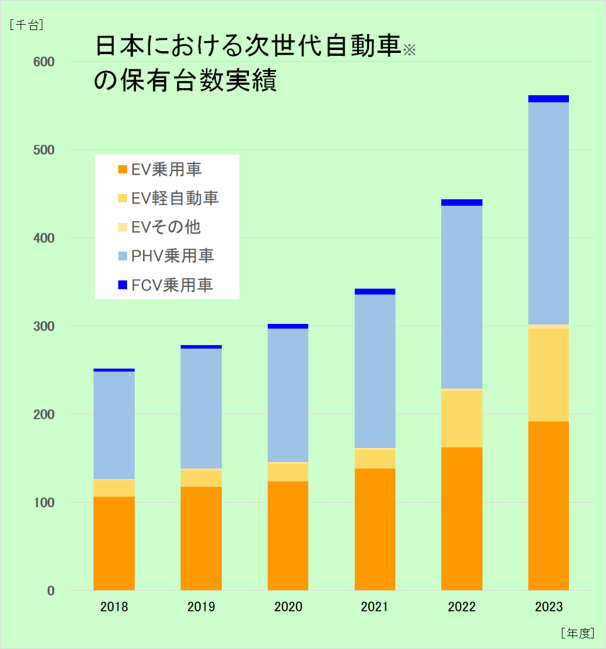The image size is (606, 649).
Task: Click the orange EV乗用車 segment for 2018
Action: coord(114,543)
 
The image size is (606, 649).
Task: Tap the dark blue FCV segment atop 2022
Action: coord(462,202)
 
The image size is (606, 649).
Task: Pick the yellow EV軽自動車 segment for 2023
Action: coord(548,374)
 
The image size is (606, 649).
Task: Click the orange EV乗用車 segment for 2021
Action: coord(375,529)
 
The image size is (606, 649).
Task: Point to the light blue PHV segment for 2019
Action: coord(201,408)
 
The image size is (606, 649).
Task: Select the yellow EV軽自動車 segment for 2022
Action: coord(462,419)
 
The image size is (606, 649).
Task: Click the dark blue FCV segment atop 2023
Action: coord(548,99)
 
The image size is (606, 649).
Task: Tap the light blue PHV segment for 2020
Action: coord(288,395)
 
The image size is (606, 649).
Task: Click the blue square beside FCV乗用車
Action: coord(122,285)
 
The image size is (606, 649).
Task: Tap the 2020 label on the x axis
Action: coord(288,607)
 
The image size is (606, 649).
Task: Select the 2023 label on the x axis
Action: coord(548,607)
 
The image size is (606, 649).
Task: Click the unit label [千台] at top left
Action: coord(26,25)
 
